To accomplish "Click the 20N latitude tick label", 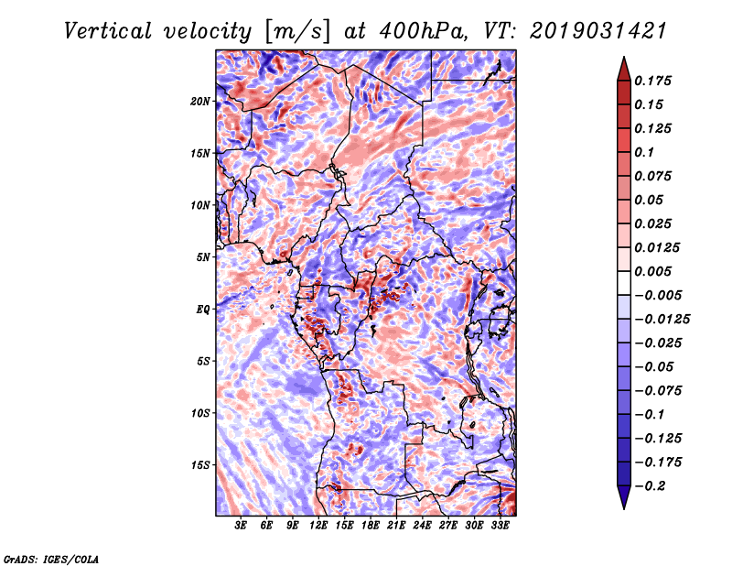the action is pyautogui.click(x=199, y=102).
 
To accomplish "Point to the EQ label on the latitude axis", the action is pyautogui.click(x=203, y=310).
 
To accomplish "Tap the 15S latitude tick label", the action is pyautogui.click(x=199, y=465).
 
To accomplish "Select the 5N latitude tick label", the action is pyautogui.click(x=203, y=257).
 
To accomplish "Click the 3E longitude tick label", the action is pyautogui.click(x=241, y=525).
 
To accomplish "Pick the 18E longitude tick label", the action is pyautogui.click(x=371, y=525).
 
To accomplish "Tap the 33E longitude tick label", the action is pyautogui.click(x=500, y=525).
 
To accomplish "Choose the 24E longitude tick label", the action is pyautogui.click(x=422, y=525).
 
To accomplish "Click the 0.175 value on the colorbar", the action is pyautogui.click(x=652, y=81).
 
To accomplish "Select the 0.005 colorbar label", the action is pyautogui.click(x=652, y=271).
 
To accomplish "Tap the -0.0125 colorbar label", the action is pyautogui.click(x=662, y=320).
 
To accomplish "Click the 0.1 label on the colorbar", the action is pyautogui.click(x=644, y=152).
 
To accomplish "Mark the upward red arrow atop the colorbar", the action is pyautogui.click(x=624, y=69).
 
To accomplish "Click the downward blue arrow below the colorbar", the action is pyautogui.click(x=624, y=497).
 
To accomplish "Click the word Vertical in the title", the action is pyautogui.click(x=108, y=31).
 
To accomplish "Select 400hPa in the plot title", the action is pyautogui.click(x=423, y=31).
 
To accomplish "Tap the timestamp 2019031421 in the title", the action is pyautogui.click(x=598, y=31).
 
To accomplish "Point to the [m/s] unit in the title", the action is pyautogui.click(x=297, y=32).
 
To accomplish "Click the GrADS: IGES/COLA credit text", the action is pyautogui.click(x=51, y=559).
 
